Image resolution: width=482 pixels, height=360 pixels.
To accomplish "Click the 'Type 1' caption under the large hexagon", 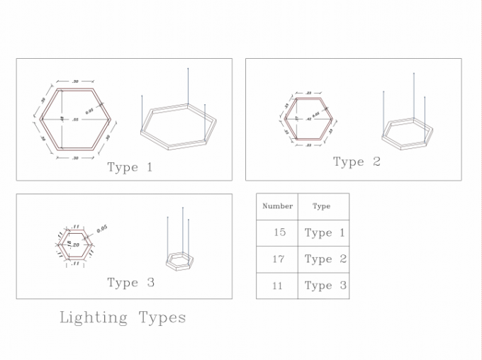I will (130, 168).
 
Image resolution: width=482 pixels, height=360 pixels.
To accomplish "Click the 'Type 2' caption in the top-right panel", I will (357, 162).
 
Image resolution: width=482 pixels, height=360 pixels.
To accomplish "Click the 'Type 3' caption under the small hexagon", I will (130, 283).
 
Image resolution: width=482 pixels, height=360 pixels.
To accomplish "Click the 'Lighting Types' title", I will (123, 317).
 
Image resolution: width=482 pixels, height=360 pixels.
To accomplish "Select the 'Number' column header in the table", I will (277, 206).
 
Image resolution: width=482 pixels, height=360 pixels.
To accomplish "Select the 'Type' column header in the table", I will (321, 206).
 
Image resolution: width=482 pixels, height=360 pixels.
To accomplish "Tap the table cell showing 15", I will (279, 232).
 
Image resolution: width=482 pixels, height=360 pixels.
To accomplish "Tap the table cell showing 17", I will (278, 259).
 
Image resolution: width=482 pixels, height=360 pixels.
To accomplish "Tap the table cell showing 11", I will (277, 286).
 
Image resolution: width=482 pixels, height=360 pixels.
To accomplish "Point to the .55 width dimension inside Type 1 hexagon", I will (76, 120).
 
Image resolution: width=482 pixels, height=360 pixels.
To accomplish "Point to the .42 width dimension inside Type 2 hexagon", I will (308, 119).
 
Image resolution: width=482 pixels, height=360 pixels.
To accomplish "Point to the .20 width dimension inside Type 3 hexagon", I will (76, 244).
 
